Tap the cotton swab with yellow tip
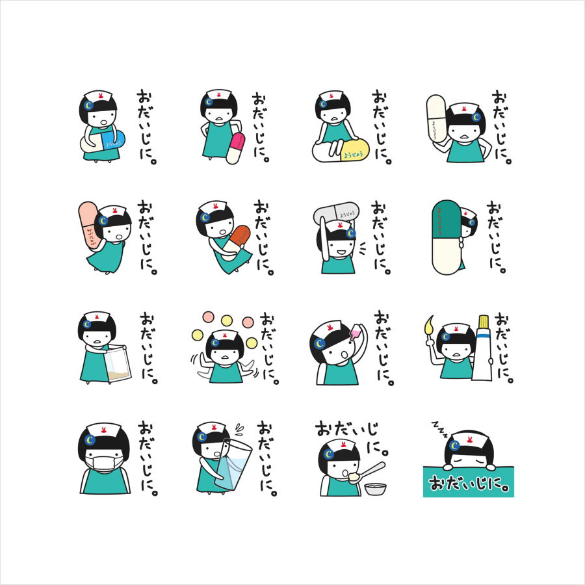[x=430, y=326]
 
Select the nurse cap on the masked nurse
[x=101, y=430]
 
